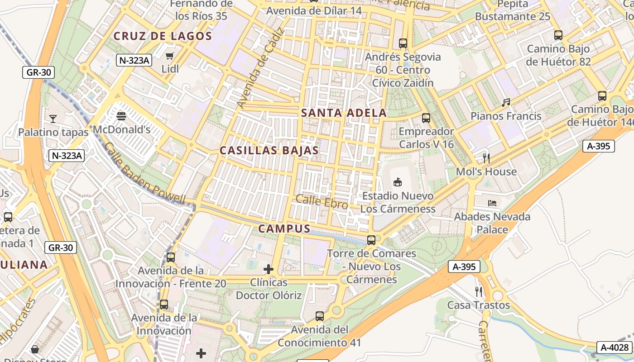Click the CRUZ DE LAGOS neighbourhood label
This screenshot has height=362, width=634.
[x=163, y=36]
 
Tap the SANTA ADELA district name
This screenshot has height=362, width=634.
[x=344, y=113]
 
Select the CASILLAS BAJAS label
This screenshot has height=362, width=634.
[x=269, y=151]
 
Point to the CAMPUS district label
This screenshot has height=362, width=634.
[x=284, y=229]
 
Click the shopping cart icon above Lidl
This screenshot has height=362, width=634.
[x=170, y=56]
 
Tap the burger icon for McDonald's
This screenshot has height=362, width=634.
[x=121, y=116]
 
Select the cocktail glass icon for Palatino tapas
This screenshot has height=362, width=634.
[x=53, y=119]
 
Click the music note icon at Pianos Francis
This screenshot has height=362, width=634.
[x=506, y=103]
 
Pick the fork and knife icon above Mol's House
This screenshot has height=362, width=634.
[x=486, y=158]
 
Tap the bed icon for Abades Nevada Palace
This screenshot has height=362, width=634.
[x=492, y=203]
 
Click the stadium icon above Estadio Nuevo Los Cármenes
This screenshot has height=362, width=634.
[x=398, y=182]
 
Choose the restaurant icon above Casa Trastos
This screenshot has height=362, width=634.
[x=479, y=291]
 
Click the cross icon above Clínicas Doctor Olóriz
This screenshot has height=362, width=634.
[x=269, y=270]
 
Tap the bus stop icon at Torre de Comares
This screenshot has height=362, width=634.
[x=371, y=240]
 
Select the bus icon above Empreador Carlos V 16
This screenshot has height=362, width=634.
[x=426, y=118]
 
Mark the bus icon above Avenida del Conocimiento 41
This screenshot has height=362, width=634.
[x=320, y=316]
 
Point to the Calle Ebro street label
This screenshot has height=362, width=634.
[x=322, y=202]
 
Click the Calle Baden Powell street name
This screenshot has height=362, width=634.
[x=144, y=173]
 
